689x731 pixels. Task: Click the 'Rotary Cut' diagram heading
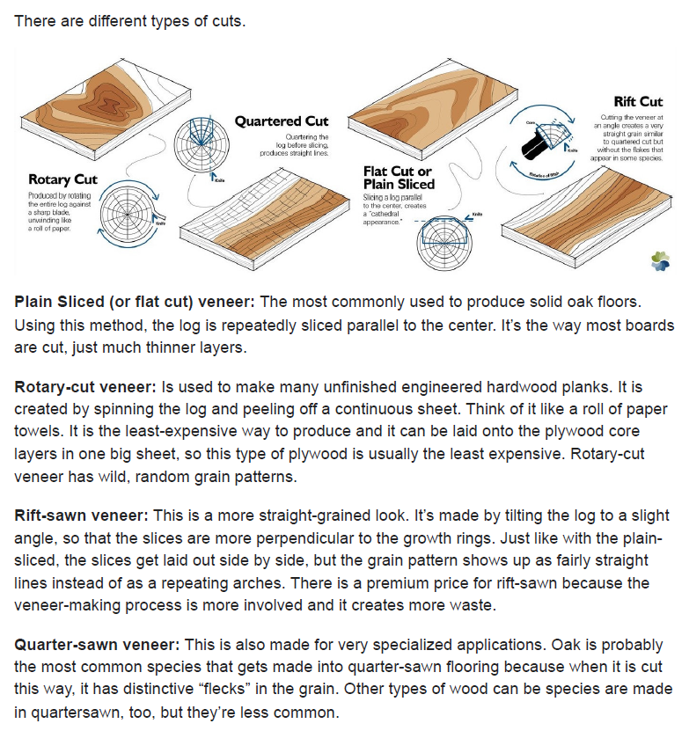[62, 180]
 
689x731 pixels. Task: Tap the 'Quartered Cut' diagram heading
[282, 121]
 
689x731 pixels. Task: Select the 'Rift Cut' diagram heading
[638, 103]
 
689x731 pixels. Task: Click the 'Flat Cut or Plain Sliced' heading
[399, 178]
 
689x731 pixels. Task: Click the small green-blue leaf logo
[660, 260]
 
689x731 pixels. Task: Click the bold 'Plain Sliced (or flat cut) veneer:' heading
[135, 302]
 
